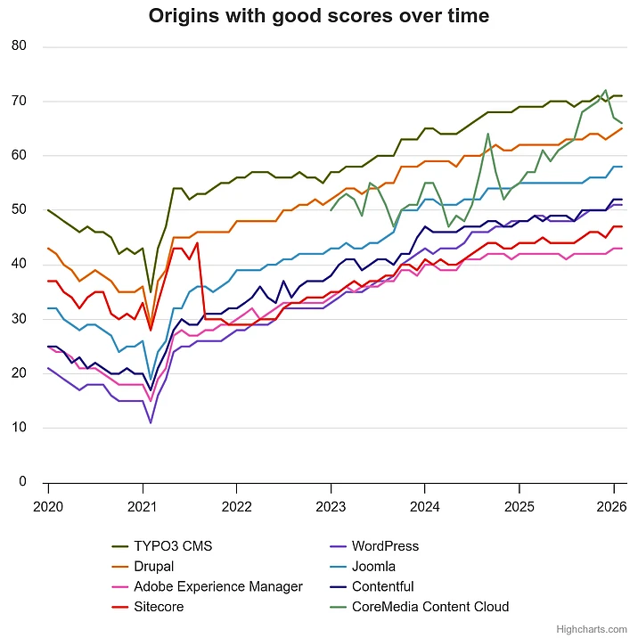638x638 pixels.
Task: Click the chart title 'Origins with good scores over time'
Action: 318,16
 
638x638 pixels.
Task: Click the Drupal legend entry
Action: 154,566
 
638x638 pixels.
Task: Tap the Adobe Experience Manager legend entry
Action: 218,586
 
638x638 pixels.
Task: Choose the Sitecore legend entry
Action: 159,607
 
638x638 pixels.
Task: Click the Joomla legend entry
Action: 373,566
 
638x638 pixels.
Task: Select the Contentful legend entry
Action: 383,586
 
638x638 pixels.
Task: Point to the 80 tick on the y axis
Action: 20,46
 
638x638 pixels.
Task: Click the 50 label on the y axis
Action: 20,209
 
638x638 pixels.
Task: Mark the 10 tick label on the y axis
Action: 20,428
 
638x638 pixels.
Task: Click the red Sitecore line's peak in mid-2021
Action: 197,242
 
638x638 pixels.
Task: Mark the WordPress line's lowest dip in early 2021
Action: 151,422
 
